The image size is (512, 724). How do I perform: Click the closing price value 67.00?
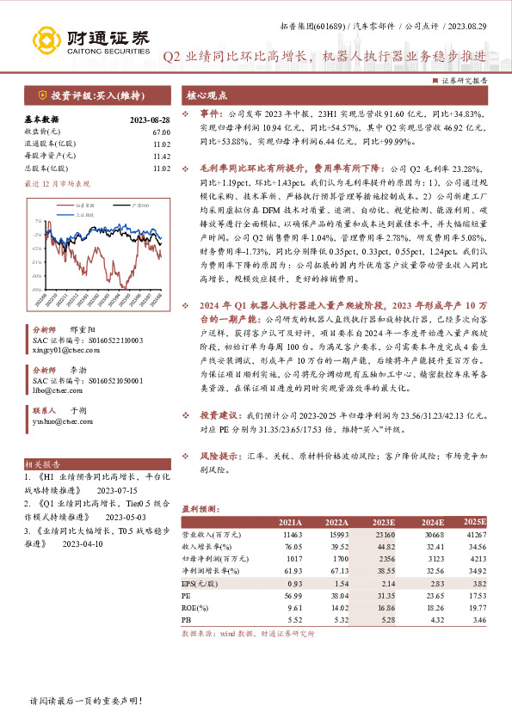(161, 131)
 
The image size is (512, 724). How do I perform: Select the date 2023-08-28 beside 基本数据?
(150, 120)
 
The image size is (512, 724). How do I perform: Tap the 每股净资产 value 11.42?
(161, 157)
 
